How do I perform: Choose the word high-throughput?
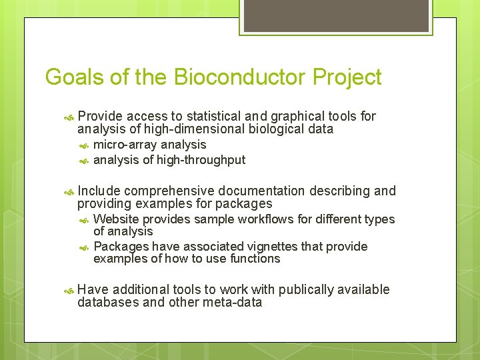(x=201, y=160)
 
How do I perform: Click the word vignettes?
(x=266, y=247)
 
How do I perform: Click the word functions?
(x=255, y=259)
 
